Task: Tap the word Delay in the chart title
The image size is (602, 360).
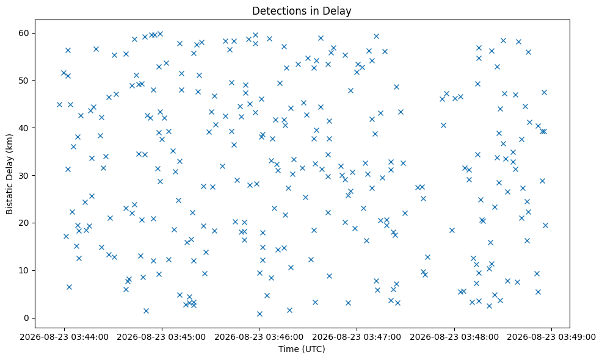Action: [x=339, y=11]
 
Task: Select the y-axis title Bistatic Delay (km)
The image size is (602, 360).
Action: [x=10, y=174]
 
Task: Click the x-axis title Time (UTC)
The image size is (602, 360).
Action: [x=302, y=349]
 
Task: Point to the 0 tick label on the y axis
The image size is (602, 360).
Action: [x=27, y=318]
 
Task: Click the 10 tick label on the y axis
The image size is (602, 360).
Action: [x=24, y=270]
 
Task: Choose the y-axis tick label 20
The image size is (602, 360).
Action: [x=24, y=223]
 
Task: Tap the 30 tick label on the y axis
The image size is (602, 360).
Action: [x=24, y=175]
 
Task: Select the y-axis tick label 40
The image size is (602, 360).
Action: [x=24, y=128]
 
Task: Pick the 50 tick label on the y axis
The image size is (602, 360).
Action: [x=24, y=80]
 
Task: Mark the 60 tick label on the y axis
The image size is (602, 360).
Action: [x=24, y=33]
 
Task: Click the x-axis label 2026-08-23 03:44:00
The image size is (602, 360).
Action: [x=64, y=337]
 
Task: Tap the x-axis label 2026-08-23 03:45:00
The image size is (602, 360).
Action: [x=162, y=337]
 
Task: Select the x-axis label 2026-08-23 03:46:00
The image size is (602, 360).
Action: [x=259, y=337]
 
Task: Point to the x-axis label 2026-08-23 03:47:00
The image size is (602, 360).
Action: [x=357, y=337]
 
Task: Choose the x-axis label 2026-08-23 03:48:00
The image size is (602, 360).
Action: [x=454, y=337]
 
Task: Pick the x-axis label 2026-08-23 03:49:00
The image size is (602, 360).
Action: [x=552, y=337]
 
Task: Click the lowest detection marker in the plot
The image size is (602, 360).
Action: [x=259, y=314]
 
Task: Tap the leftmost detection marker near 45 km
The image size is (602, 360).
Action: [x=59, y=104]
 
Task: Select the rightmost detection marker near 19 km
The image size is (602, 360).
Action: [x=545, y=225]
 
